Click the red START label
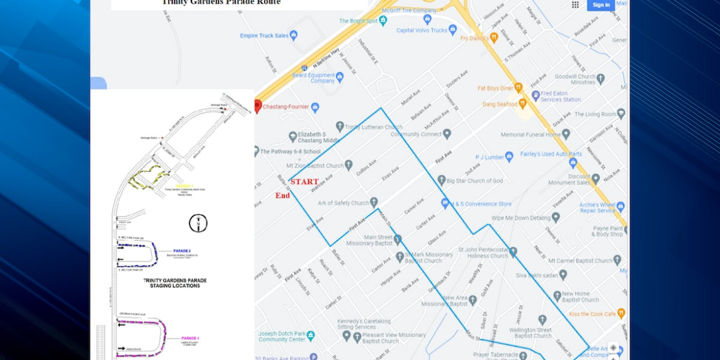305,182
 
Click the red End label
282,196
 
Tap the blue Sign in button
601,5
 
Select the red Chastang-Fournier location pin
258,106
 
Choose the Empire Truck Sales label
264,36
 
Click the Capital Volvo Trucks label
422,30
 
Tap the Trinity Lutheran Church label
374,127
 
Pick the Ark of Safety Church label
343,203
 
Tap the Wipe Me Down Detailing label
521,218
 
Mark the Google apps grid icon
575,5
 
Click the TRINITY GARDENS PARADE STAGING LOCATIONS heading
175,283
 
